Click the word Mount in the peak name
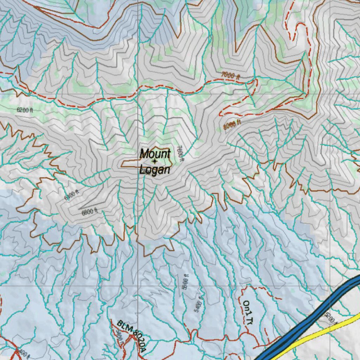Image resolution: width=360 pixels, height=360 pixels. (155, 154)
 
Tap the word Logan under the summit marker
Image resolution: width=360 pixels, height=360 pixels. (155, 170)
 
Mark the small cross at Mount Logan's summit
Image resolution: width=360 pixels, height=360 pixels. (155, 161)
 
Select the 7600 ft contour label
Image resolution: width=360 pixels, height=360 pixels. (180, 154)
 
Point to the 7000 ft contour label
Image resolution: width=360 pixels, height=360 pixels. (231, 75)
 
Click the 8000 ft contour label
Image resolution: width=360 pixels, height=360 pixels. (232, 124)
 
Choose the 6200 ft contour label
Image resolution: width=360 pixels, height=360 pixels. (25, 110)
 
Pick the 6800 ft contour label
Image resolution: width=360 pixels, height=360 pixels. (89, 212)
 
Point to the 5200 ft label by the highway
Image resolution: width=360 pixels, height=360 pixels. (332, 318)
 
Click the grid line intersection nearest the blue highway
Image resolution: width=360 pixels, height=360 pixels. (330, 286)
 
